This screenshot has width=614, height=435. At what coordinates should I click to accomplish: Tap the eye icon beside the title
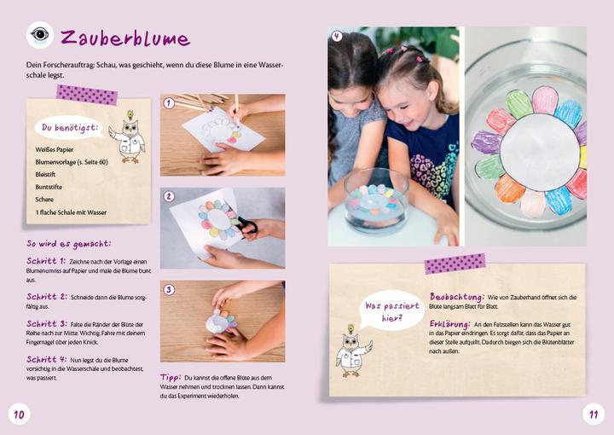click(40, 35)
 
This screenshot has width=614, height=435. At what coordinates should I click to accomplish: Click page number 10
click(19, 414)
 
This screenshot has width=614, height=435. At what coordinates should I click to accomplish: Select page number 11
click(594, 414)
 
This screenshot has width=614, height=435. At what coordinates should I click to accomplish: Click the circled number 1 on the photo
click(169, 103)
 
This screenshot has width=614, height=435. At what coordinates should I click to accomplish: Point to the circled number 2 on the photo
click(169, 196)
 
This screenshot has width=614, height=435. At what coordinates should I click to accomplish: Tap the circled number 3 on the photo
click(169, 290)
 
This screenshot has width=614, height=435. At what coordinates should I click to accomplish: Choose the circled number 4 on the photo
click(337, 36)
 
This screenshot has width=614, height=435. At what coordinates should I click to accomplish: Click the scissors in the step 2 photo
click(246, 225)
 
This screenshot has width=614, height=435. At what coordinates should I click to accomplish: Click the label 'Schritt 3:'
click(45, 324)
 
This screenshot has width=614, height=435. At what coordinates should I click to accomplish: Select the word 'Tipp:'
click(171, 376)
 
